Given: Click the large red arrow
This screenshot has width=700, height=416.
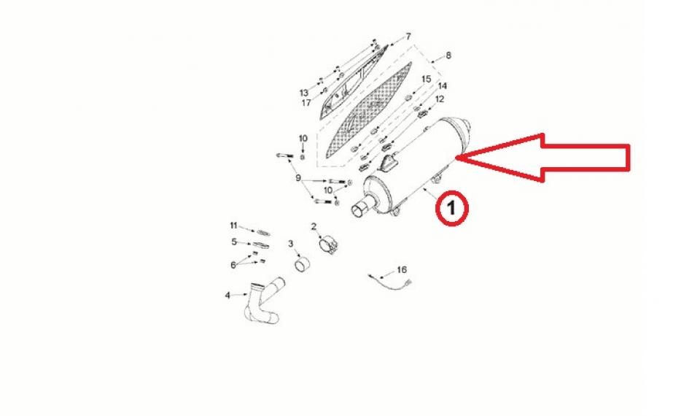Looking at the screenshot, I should [554, 156].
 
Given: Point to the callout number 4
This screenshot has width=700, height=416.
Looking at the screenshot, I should [227, 296].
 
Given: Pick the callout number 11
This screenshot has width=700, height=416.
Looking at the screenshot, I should [234, 224].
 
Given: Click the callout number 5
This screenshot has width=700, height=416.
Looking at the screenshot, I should [234, 242].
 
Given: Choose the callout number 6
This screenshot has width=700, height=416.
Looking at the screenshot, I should [233, 265].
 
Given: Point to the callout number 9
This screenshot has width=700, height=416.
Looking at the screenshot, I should [298, 178].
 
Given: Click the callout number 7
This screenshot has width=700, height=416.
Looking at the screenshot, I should [408, 36].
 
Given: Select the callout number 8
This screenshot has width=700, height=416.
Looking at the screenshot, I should [448, 55].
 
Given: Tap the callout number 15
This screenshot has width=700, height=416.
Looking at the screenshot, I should [427, 79].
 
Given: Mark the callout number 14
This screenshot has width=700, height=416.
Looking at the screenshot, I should [442, 86].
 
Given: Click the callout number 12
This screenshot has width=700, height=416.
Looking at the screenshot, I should [440, 99].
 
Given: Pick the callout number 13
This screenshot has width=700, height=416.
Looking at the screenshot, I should [304, 93].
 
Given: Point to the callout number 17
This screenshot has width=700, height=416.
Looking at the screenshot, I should [306, 103].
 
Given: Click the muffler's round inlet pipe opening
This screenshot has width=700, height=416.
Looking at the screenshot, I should [359, 212].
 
